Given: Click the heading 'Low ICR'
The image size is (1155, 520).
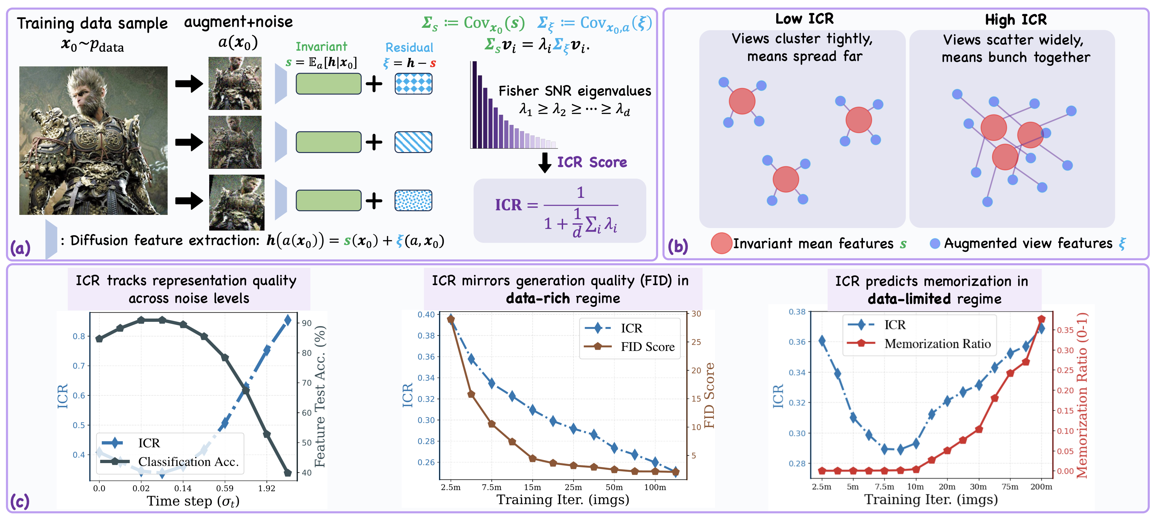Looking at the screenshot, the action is pos(804,19).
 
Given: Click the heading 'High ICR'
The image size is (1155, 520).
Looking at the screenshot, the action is pos(1016,20).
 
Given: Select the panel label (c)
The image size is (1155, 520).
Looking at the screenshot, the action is pos(20,501).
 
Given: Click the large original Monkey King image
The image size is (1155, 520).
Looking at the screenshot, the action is pos(93,141).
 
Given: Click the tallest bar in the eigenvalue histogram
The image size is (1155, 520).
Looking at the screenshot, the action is pos(474,105).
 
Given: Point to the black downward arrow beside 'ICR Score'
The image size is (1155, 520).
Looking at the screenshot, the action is pos(545,163).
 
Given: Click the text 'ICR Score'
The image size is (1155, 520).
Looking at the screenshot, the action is pos(592,162).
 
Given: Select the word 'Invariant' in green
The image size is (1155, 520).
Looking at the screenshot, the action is pos(321,46).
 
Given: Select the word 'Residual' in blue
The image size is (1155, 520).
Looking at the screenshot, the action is pos(409,47).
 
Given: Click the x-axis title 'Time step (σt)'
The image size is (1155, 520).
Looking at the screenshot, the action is pos(193,501).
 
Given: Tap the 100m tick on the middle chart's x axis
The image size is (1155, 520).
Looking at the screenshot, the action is pos(655,487).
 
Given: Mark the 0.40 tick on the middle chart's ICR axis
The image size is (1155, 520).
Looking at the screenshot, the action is pos(426,314).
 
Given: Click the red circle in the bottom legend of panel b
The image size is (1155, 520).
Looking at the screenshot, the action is pos(722,243).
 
